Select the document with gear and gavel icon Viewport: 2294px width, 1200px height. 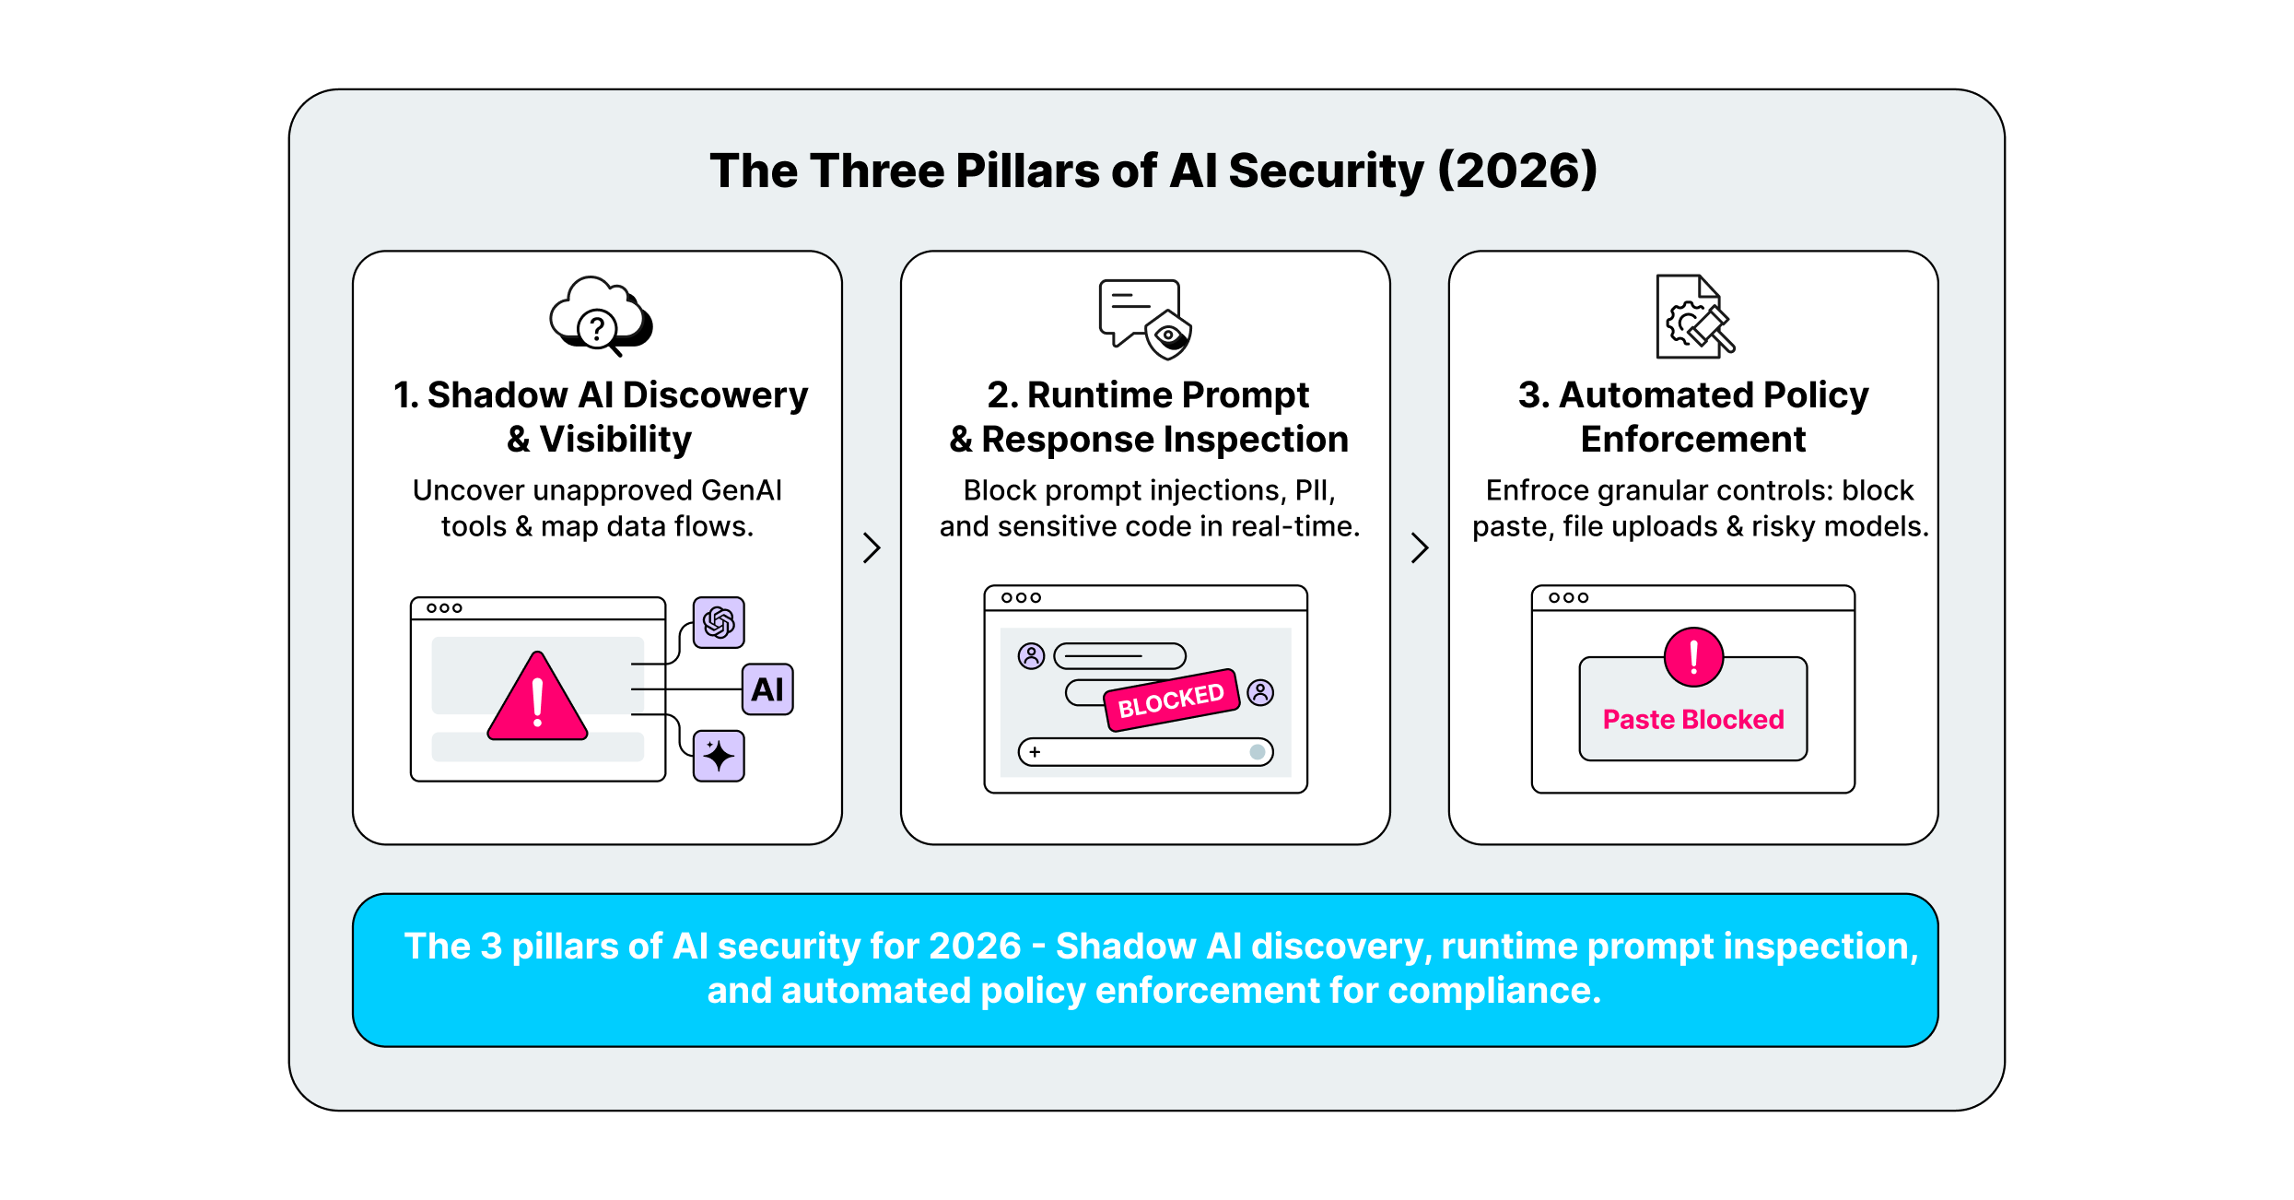pos(1693,317)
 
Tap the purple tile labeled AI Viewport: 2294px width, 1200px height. pos(767,689)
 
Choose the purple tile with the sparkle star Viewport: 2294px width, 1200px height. pos(719,756)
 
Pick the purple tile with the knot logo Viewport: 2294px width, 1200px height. pos(719,622)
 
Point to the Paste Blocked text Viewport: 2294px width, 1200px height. pos(1693,720)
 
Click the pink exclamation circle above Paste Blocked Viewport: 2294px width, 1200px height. pos(1693,657)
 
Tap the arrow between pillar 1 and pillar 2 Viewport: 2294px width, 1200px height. pos(872,547)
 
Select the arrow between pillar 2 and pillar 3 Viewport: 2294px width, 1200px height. pos(1420,547)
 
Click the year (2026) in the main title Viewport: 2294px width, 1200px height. pos(1516,171)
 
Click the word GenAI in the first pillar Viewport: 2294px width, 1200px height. pos(742,490)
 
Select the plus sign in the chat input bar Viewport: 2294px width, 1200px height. pos(1036,752)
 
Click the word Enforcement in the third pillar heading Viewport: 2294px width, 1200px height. pos(1693,440)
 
